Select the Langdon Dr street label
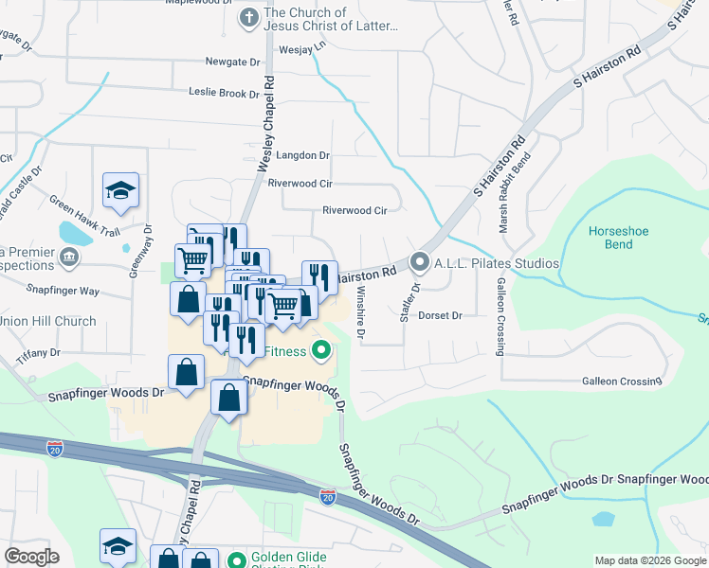click(299, 155)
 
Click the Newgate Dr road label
click(232, 62)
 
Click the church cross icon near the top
click(248, 17)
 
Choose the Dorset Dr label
click(440, 315)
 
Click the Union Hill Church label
click(47, 322)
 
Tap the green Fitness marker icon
click(321, 352)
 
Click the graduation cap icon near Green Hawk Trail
click(121, 190)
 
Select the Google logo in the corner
click(31, 557)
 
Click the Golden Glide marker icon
click(235, 559)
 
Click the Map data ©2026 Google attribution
click(650, 560)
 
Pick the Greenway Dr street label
click(148, 247)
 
